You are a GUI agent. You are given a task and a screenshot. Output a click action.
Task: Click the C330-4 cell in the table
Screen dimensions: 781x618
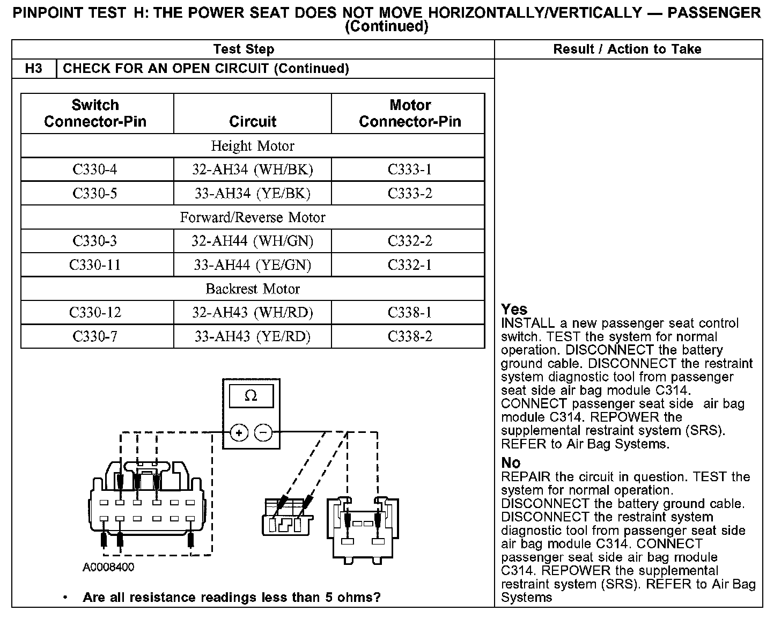tap(95, 170)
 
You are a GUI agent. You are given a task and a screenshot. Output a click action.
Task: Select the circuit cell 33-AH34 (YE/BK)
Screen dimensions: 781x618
tap(253, 193)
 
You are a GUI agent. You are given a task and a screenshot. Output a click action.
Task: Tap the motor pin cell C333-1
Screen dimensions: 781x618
tap(410, 170)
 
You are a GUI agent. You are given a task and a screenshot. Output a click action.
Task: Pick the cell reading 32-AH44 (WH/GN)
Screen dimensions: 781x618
tap(253, 241)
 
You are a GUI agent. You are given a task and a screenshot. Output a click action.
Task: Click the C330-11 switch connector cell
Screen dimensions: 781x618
tap(95, 264)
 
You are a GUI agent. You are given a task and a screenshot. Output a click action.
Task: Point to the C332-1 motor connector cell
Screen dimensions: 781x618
tap(410, 264)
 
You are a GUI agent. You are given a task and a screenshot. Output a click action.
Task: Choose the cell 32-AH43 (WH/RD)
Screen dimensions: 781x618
tap(253, 313)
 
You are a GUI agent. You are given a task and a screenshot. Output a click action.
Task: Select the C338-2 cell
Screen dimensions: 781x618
tap(410, 336)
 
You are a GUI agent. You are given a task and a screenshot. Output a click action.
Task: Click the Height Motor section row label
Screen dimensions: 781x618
tap(253, 146)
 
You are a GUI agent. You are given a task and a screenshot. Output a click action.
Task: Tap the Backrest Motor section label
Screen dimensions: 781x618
tap(253, 289)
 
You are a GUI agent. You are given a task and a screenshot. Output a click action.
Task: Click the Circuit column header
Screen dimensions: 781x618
tap(253, 121)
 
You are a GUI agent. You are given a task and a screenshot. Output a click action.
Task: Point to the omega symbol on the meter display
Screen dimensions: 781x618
tap(251, 395)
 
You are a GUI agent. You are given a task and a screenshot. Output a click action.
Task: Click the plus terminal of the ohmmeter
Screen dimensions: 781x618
tap(239, 432)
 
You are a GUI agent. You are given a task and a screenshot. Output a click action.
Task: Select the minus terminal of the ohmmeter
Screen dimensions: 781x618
tap(263, 432)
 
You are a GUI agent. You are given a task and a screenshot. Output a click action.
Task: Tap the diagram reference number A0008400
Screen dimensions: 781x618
tap(108, 567)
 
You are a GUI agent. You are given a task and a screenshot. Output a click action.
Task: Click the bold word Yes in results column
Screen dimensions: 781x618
tap(514, 310)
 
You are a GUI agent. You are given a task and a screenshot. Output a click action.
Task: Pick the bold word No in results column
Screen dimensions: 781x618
tap(511, 463)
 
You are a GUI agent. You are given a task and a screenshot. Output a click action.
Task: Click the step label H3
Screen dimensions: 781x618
tap(33, 68)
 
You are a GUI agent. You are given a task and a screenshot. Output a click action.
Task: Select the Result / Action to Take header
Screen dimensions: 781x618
tap(627, 49)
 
